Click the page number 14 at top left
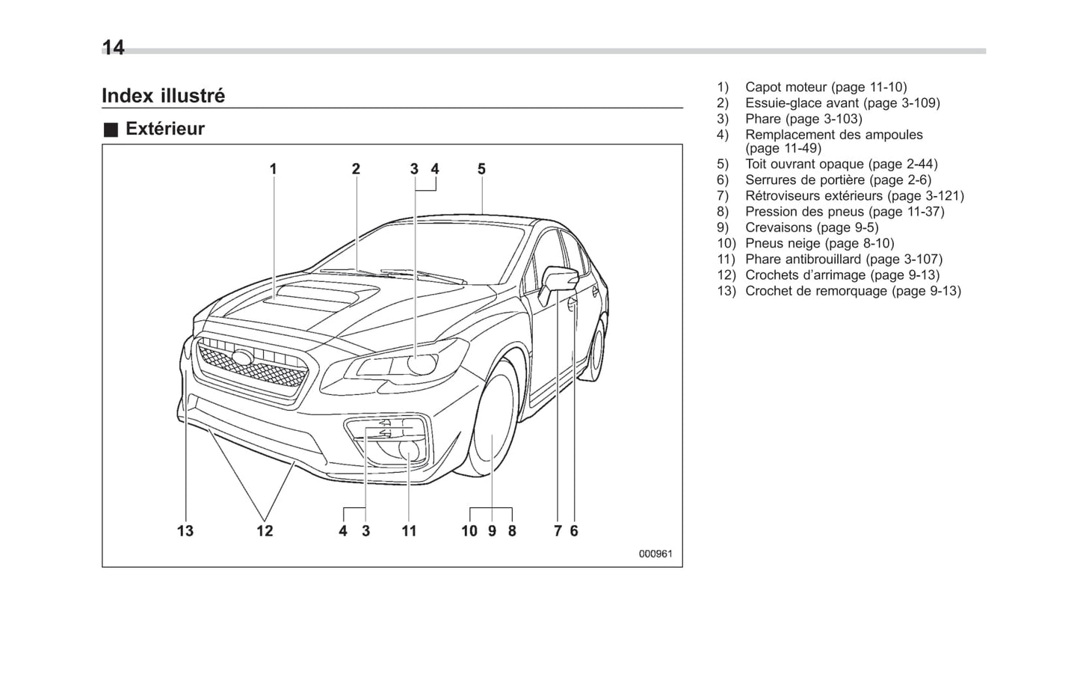114,48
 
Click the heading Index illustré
163,96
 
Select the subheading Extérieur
164,129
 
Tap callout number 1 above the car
274,169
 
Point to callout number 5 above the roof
481,169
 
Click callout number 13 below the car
185,531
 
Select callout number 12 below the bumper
265,531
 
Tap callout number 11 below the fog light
409,531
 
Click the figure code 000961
655,554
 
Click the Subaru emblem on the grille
243,357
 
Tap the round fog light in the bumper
410,450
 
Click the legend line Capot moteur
825,88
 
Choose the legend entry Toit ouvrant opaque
840,164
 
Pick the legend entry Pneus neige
818,243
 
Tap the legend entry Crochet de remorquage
852,291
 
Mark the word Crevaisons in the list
778,227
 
